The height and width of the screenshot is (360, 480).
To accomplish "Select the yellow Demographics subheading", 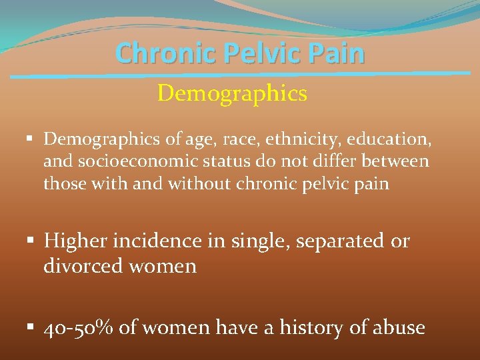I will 232,93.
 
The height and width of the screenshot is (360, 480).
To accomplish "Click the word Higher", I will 77,241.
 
